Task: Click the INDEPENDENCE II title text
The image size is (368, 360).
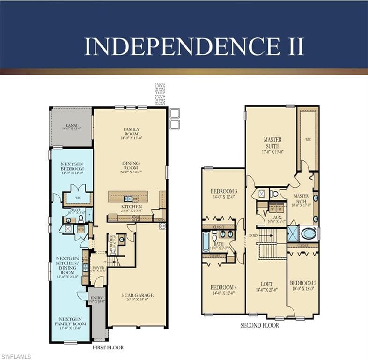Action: [194, 46]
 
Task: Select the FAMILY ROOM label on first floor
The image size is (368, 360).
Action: [132, 132]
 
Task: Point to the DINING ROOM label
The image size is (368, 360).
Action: [131, 166]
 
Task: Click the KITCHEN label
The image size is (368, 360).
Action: [131, 207]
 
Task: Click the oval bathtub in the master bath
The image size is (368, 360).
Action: [309, 233]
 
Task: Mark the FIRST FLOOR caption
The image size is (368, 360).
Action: [108, 347]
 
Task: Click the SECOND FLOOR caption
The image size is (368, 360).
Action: [260, 325]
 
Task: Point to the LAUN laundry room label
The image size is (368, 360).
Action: [276, 218]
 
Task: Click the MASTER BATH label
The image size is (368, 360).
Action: [301, 198]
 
